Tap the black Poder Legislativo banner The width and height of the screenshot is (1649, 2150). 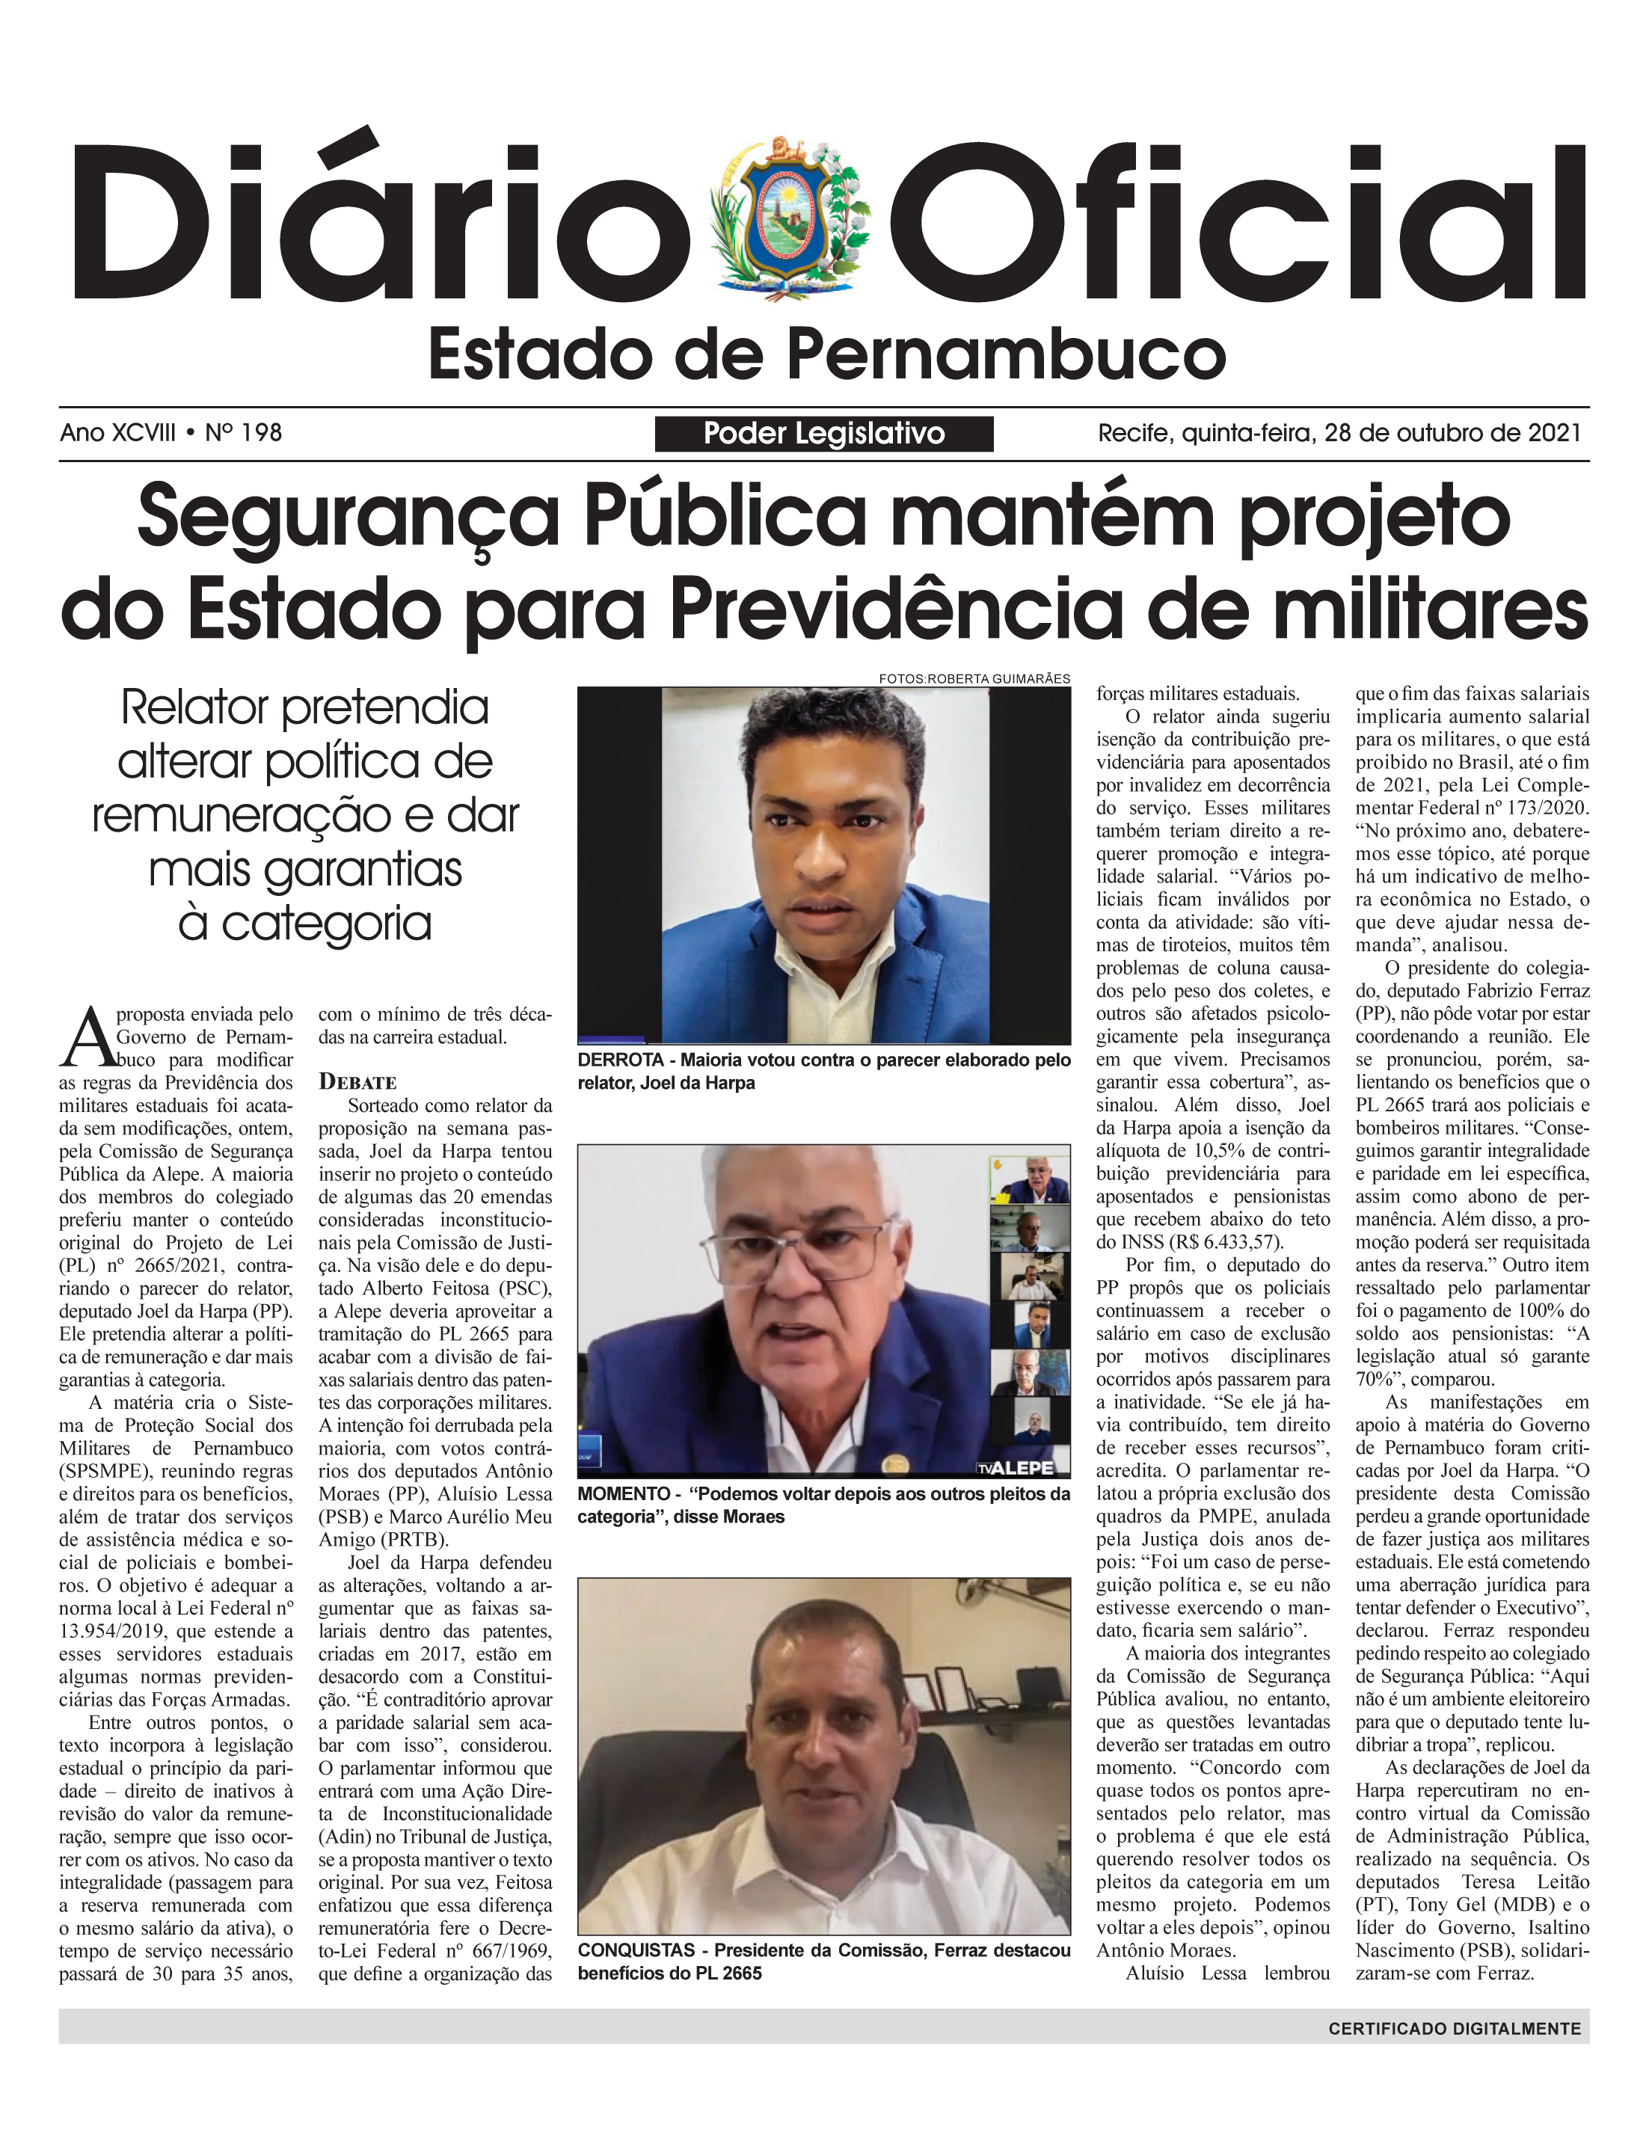pos(823,434)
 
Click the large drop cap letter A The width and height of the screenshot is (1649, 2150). pos(87,1036)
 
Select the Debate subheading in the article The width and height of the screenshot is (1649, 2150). pos(357,1082)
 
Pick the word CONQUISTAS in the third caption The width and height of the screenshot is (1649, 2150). pos(636,1950)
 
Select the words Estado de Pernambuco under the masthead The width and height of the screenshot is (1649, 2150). pos(826,355)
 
